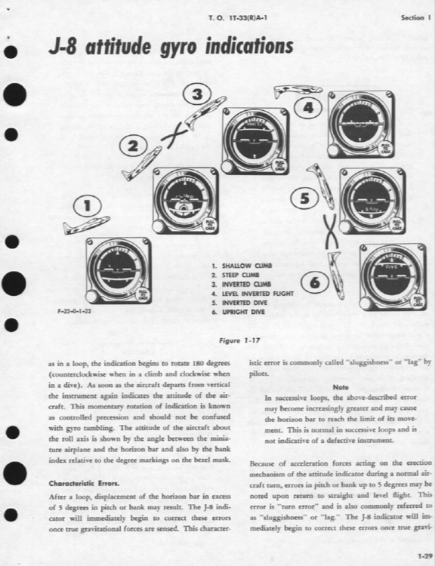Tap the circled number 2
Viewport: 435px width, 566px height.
coord(134,146)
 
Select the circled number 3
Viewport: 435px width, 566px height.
coord(197,94)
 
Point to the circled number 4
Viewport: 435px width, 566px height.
coord(307,109)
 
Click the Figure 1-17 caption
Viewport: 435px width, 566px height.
coord(239,340)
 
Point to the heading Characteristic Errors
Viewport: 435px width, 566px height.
coord(83,482)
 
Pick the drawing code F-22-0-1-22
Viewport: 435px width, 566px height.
coord(72,311)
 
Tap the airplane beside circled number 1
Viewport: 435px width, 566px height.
coord(86,224)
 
